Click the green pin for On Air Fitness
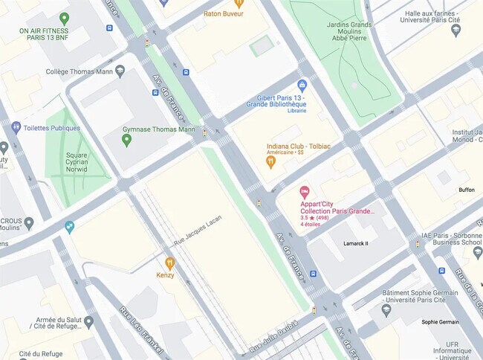click(64, 19)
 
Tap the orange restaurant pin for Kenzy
click(169, 263)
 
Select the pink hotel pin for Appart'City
click(304, 193)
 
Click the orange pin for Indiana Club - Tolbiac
click(271, 160)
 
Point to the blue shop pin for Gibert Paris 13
click(302, 86)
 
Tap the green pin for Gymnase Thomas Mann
click(126, 140)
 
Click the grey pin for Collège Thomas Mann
click(120, 71)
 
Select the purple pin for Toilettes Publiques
click(16, 128)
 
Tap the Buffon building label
click(467, 190)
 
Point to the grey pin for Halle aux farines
click(456, 30)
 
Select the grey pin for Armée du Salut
click(88, 322)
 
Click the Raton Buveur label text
click(224, 13)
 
